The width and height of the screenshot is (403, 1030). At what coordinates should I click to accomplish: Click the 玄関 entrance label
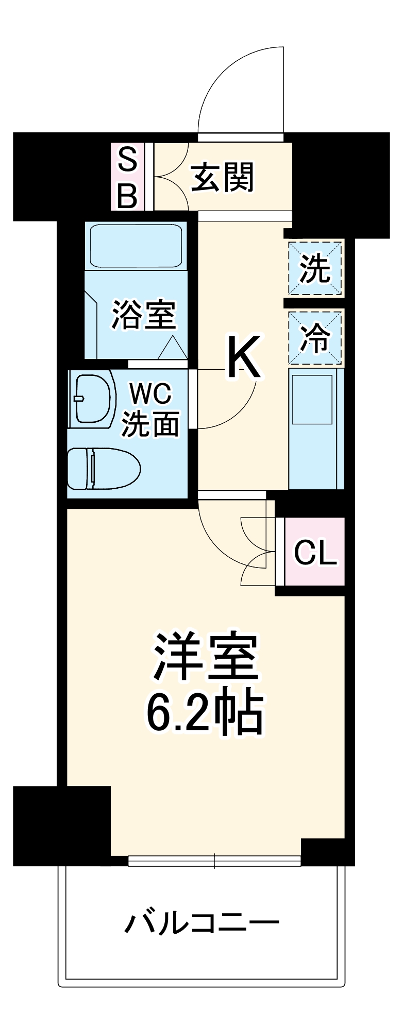click(222, 177)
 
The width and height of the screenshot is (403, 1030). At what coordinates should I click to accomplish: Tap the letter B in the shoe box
click(127, 195)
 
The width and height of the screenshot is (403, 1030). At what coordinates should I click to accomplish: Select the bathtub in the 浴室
click(137, 245)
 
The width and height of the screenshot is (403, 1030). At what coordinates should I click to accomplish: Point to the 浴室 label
click(144, 315)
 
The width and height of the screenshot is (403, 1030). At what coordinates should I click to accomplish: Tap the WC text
click(150, 394)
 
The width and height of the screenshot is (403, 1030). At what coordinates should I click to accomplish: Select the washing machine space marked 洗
click(315, 268)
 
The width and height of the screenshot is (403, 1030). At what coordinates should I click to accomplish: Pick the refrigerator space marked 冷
click(315, 338)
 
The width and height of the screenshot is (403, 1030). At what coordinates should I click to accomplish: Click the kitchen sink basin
click(312, 400)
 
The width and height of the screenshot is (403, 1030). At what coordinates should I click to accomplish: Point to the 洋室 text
click(206, 656)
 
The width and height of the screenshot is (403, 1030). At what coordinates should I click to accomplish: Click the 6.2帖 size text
click(206, 713)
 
